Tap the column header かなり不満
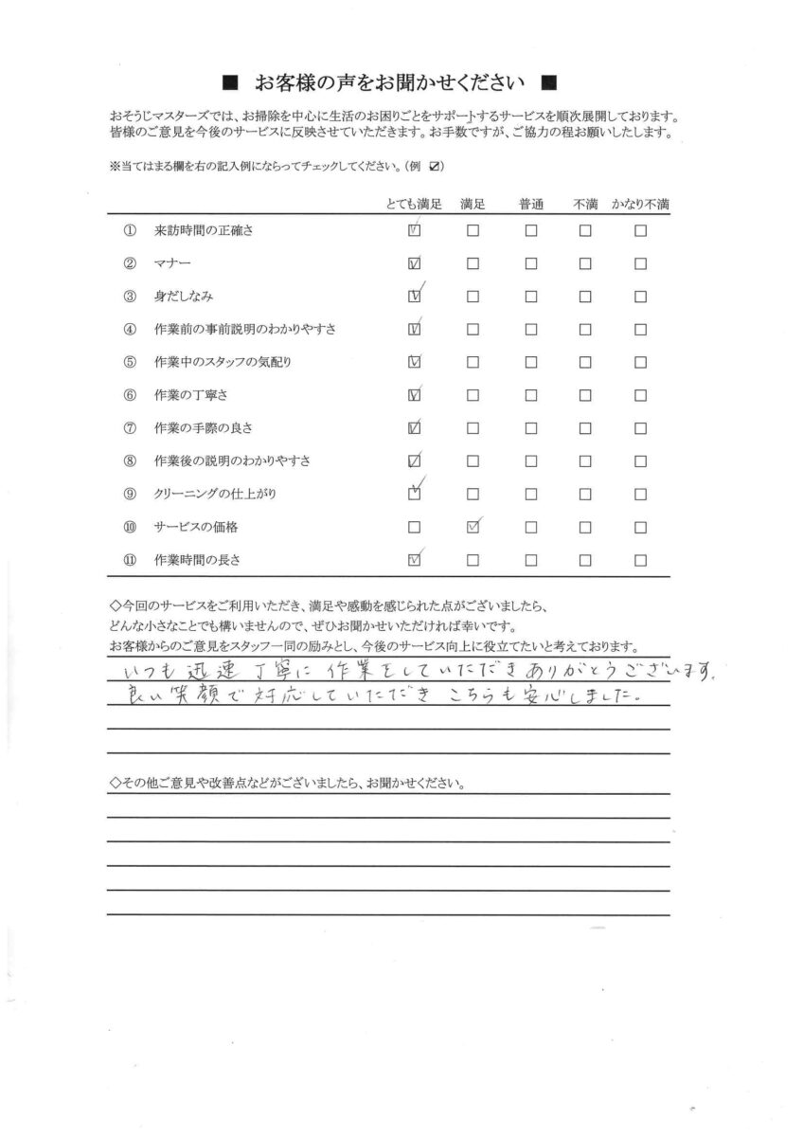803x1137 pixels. tap(640, 205)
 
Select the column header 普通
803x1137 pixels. tap(530, 205)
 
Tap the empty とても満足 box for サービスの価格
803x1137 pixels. tap(414, 527)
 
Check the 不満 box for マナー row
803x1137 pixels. tap(585, 263)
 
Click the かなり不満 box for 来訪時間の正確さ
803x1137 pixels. tap(641, 230)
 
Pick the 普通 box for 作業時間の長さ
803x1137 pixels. tap(530, 560)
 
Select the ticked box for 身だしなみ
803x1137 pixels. tap(414, 297)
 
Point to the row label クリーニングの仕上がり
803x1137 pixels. tap(215, 495)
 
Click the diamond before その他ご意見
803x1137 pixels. tap(115, 785)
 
